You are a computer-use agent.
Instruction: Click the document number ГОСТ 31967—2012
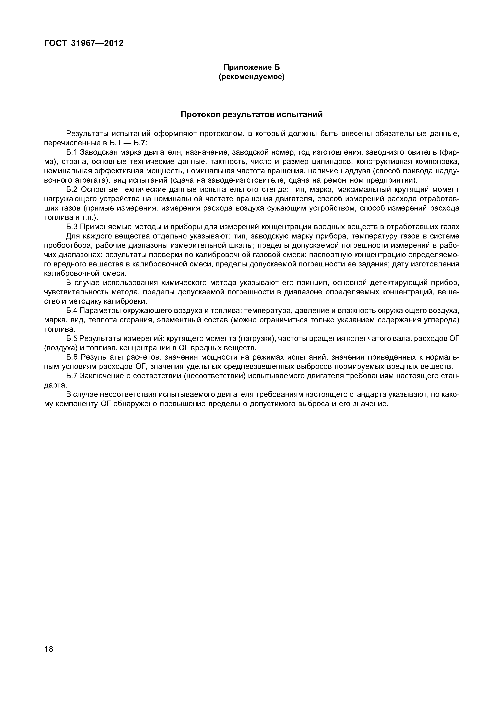click(x=84, y=43)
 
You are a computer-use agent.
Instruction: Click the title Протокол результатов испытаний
click(x=252, y=114)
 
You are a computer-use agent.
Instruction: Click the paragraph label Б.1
click(x=72, y=152)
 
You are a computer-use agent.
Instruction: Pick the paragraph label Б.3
click(x=72, y=227)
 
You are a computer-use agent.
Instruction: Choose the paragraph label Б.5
click(x=72, y=339)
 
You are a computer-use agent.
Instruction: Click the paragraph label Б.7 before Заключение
click(x=72, y=376)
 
